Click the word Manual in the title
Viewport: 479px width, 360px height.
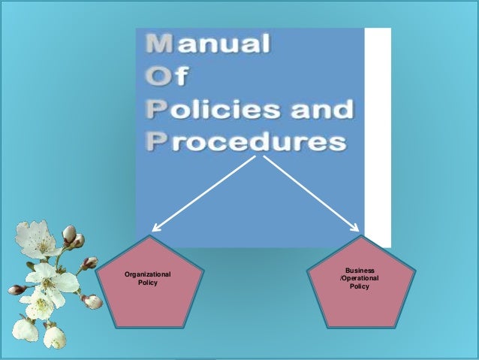[x=207, y=46]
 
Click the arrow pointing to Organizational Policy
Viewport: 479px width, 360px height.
[x=203, y=191]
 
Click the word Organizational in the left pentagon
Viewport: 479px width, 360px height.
[x=148, y=275]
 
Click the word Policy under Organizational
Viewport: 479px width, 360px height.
[x=148, y=283]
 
